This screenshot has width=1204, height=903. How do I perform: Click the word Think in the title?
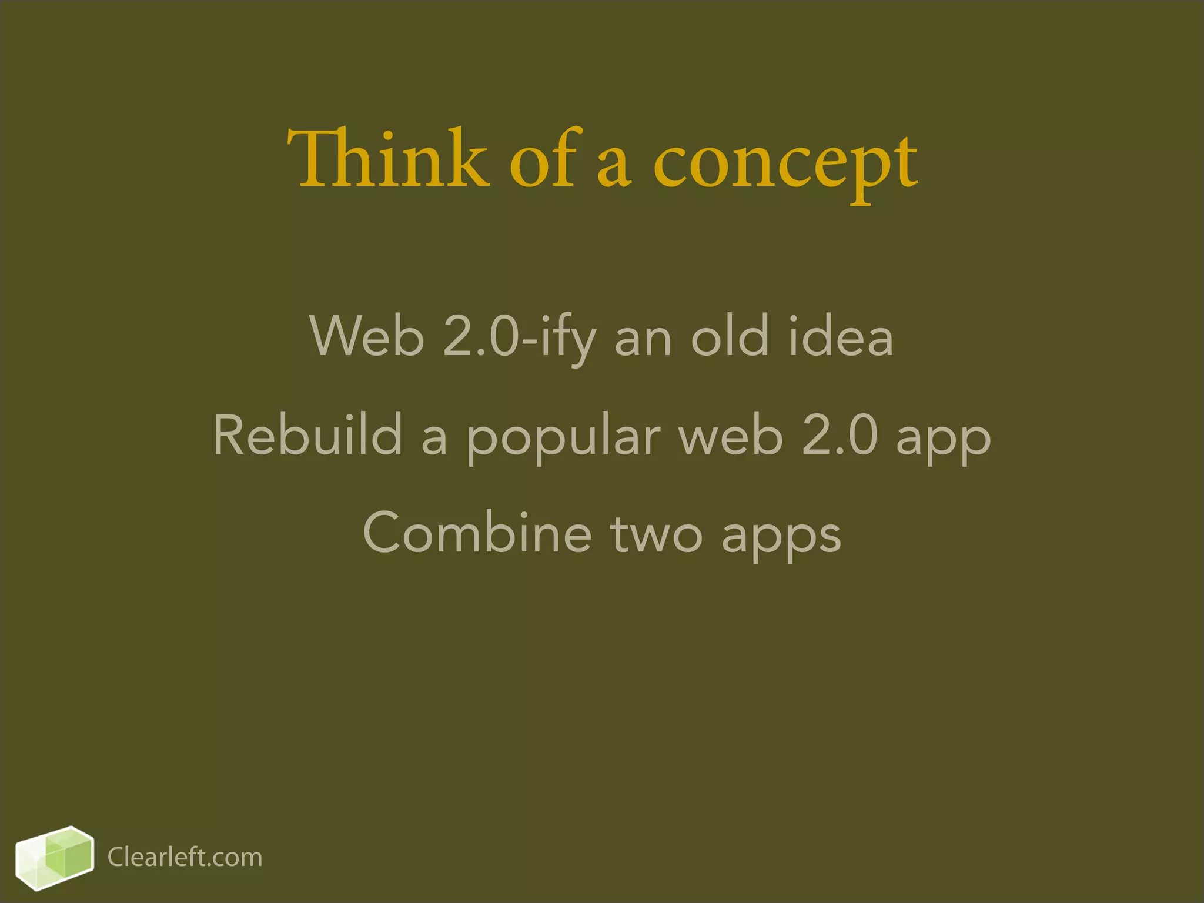388,159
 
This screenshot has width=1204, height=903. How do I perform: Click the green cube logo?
54,857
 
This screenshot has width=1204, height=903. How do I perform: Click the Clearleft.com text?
185,857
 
